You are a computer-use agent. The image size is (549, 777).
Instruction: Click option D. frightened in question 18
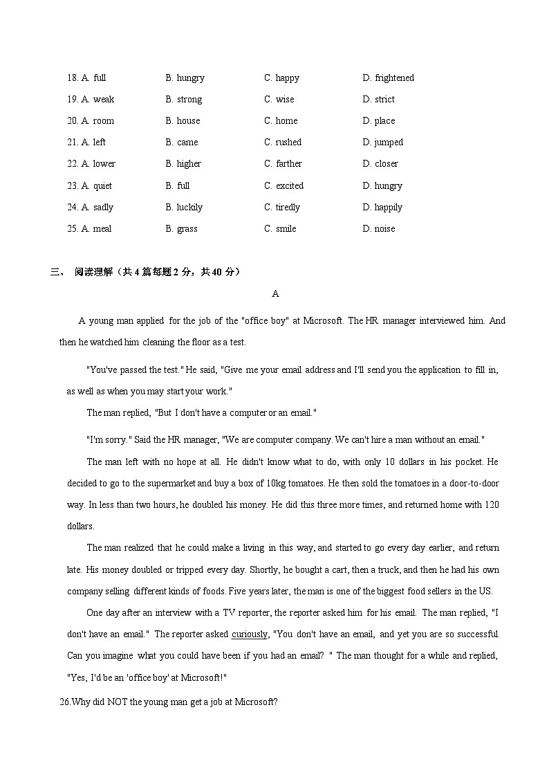click(x=388, y=78)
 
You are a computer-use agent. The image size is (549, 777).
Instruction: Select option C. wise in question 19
click(x=279, y=100)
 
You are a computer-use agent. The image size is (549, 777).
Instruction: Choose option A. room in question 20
click(x=97, y=121)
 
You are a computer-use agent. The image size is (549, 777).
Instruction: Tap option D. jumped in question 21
click(x=382, y=143)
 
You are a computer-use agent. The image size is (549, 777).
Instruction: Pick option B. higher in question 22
click(x=183, y=164)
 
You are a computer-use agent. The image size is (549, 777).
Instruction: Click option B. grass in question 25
click(x=181, y=229)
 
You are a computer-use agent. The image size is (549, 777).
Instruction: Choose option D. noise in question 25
click(x=379, y=229)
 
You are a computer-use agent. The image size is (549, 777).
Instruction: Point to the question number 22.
click(x=72, y=164)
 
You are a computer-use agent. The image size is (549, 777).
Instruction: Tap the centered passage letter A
click(x=275, y=294)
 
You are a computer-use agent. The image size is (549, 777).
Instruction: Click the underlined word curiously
click(x=249, y=634)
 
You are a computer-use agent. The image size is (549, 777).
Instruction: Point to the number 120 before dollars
click(x=491, y=504)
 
